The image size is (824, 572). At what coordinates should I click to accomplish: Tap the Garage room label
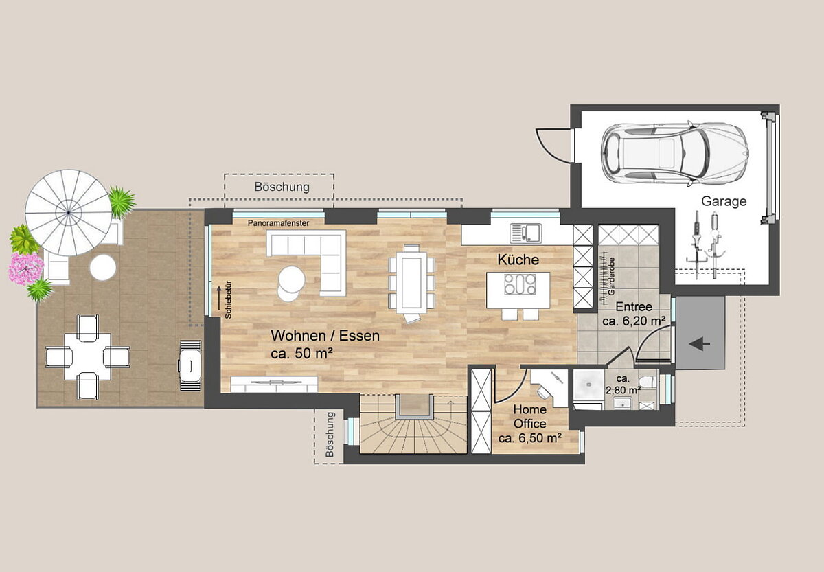point(724,201)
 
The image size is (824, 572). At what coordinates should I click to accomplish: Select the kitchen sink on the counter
point(526,233)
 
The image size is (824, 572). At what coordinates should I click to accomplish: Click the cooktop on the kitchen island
point(520,284)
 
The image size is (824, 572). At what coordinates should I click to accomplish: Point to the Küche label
point(518,260)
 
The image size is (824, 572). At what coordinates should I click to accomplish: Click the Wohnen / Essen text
point(325,336)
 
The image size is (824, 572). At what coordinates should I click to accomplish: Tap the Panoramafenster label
point(279,223)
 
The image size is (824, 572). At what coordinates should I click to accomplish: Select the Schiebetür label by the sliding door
point(228,300)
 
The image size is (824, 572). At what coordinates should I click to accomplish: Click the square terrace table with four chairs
point(88,356)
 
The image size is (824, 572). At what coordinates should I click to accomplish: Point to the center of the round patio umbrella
point(69,213)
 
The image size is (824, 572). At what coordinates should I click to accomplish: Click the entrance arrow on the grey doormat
point(700,345)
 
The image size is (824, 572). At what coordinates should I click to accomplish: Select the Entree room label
point(634,306)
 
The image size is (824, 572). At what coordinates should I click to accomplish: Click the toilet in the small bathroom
point(648,382)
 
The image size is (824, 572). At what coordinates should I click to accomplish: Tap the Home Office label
point(529,416)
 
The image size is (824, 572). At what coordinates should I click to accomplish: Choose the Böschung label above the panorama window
point(282,187)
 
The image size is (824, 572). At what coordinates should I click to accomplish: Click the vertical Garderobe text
point(611,276)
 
